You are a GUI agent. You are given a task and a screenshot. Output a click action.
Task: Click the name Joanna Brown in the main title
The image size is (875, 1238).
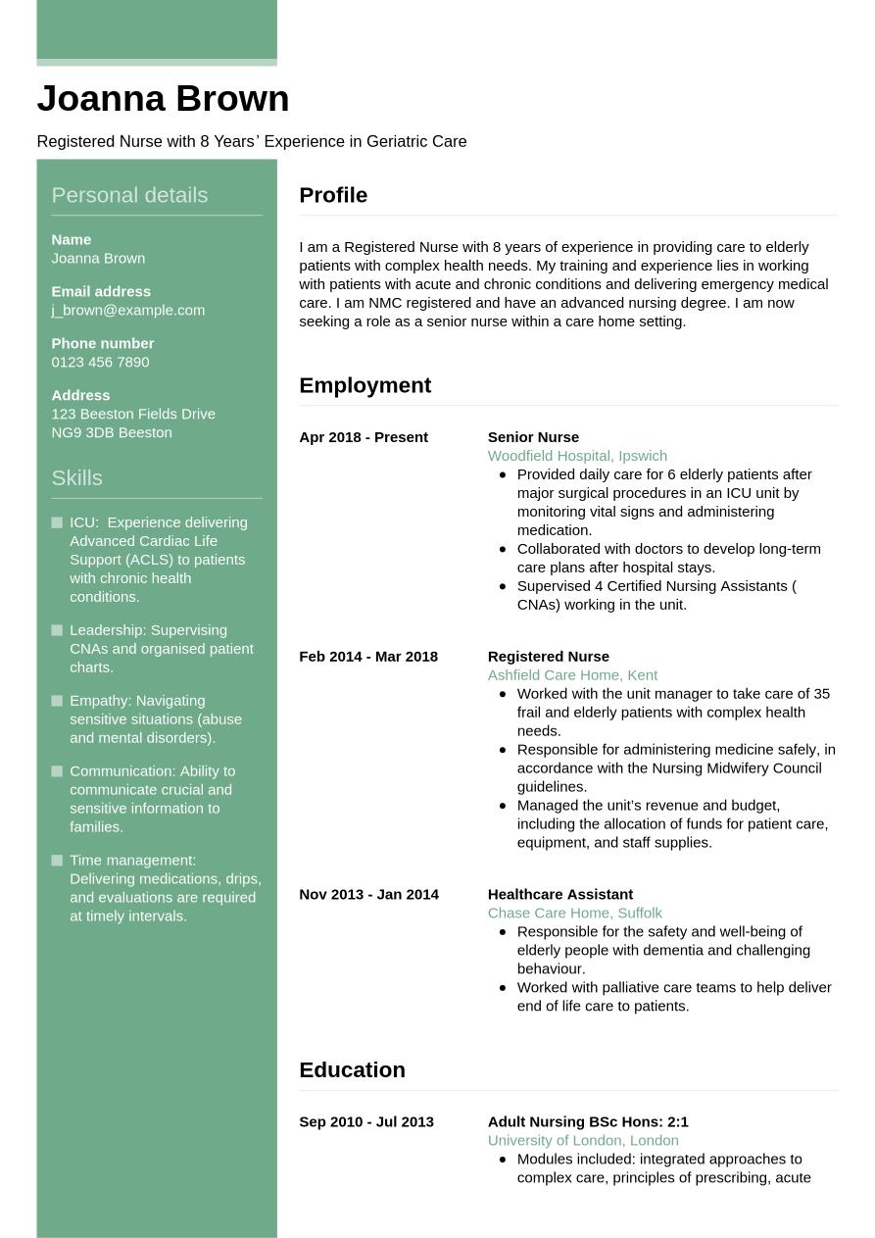point(163,99)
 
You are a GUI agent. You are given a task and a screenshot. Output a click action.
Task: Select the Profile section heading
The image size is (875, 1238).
point(333,195)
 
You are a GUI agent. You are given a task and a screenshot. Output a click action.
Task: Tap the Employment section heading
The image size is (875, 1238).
point(365,385)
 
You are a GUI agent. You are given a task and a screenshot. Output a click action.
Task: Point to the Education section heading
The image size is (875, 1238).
point(352,1069)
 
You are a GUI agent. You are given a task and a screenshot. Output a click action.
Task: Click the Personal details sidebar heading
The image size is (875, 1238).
point(129,195)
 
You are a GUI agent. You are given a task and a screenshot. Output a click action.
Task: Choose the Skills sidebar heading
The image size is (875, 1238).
point(76,477)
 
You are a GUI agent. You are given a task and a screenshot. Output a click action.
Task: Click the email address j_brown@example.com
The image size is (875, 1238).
point(127,310)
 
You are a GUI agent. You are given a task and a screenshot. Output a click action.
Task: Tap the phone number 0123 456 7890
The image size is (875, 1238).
point(100,362)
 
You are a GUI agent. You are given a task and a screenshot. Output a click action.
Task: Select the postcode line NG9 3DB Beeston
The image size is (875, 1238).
point(111,432)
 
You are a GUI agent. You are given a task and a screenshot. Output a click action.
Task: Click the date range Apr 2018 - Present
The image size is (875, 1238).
point(364,437)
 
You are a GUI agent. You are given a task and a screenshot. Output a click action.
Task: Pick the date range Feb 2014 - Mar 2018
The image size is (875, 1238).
point(368,657)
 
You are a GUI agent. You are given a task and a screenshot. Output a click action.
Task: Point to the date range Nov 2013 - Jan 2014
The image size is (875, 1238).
point(368,894)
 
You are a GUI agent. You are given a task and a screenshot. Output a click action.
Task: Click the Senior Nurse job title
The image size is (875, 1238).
point(533,437)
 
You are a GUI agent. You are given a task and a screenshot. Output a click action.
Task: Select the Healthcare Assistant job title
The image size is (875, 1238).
point(559,894)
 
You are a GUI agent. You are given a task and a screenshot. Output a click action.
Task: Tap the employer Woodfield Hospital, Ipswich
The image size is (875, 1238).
point(577,456)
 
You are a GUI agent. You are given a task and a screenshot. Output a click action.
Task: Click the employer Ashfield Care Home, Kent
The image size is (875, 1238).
point(572,675)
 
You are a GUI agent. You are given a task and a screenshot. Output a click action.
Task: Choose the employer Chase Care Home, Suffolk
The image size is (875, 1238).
point(574,913)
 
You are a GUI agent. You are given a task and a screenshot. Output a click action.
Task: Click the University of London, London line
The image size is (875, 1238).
point(583,1140)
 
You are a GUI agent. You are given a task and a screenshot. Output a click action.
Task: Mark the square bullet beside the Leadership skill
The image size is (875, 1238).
point(57,630)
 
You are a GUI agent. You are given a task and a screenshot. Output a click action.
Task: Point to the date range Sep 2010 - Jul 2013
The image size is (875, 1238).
point(366,1121)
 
